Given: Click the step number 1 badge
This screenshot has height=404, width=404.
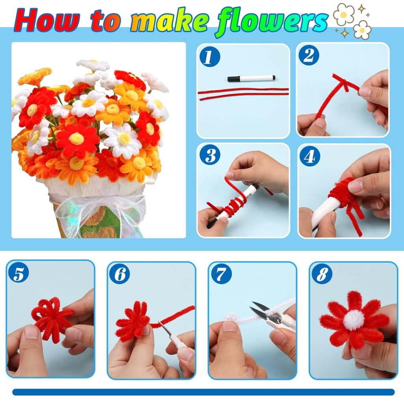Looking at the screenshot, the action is tap(210, 57).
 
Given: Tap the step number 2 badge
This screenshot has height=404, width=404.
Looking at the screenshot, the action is tap(309, 55).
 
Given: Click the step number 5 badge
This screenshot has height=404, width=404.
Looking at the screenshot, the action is tap(19, 274).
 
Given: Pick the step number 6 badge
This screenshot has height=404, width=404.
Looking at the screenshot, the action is tap(119, 274).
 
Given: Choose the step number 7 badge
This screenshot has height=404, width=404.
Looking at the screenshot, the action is tap(221, 274).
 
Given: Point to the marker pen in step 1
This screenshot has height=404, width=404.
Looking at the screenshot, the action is tap(251, 78).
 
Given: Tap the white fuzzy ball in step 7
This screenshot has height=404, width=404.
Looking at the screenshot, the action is tap(230, 318).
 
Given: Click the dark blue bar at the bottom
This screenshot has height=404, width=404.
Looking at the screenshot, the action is tap(204, 392).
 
